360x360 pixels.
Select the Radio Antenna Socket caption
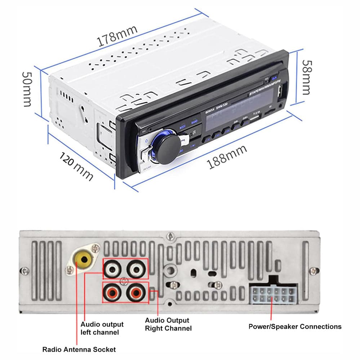(79, 349)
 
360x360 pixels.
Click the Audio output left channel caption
(102, 328)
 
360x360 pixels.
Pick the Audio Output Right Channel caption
(168, 324)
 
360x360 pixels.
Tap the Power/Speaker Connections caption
(295, 326)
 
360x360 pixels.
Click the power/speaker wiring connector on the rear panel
(273, 295)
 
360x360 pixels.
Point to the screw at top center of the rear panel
(169, 236)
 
